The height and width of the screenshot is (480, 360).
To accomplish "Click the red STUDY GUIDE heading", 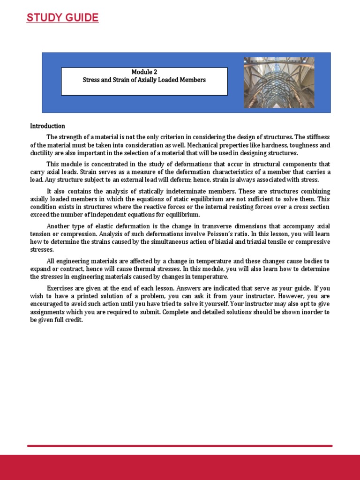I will (62, 18).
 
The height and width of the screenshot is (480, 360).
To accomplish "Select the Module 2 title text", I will (144, 72).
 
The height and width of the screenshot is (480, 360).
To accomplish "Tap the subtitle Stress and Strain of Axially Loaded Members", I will (144, 80).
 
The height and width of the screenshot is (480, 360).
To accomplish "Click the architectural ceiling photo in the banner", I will (279, 82).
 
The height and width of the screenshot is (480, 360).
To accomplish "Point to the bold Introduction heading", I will (47, 126).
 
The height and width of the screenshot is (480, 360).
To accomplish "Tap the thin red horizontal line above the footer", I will (180, 446).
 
